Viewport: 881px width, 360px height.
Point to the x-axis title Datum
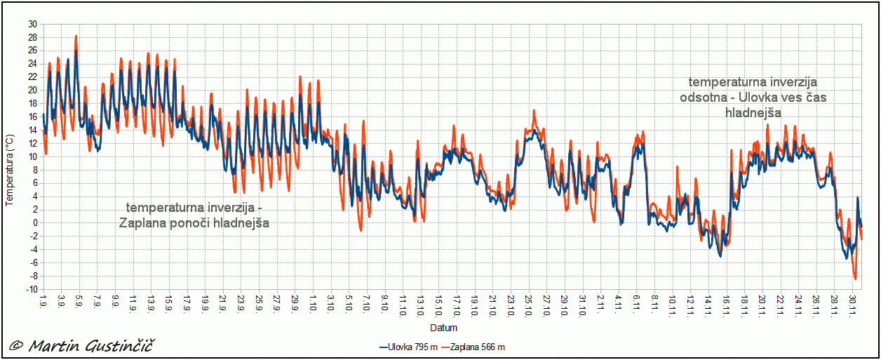(x=443, y=328)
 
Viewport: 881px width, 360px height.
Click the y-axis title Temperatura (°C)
(x=10, y=171)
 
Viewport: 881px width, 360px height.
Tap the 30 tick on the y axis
(x=32, y=24)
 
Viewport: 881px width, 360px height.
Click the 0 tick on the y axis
(x=34, y=223)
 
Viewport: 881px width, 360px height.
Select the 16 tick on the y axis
(x=32, y=116)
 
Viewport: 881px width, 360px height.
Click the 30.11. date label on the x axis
(x=852, y=305)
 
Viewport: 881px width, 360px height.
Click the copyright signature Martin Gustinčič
(x=83, y=345)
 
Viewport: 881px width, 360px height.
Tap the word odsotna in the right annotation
(x=704, y=97)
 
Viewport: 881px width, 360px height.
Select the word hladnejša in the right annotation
(x=753, y=112)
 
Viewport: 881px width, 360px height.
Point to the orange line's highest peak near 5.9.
(x=76, y=36)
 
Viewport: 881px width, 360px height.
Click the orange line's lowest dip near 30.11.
(x=855, y=279)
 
